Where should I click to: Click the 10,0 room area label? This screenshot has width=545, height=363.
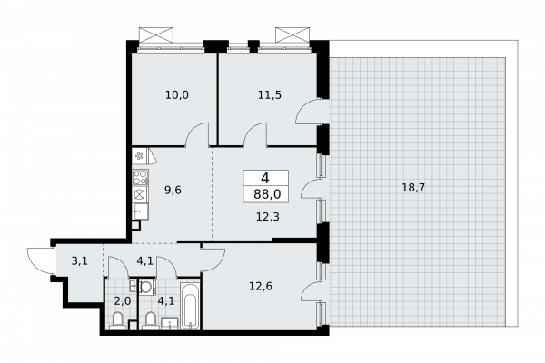177,94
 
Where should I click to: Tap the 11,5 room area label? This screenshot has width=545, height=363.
270,94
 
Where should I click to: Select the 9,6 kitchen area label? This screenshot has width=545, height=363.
173,191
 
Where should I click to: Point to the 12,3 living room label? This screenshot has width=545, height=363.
268,217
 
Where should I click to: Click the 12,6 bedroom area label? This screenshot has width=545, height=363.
261,287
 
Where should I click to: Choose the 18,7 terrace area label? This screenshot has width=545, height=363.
413,188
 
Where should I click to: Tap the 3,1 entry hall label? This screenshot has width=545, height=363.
80,260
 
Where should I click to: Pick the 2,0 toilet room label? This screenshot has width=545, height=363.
123,300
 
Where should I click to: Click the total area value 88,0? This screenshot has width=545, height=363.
267,194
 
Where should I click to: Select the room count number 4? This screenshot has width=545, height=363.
265,178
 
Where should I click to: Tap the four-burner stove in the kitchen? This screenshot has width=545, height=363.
141,177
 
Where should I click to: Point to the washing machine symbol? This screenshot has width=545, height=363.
146,287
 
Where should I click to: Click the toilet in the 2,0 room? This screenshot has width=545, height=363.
117,320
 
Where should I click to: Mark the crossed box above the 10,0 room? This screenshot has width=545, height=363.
155,35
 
